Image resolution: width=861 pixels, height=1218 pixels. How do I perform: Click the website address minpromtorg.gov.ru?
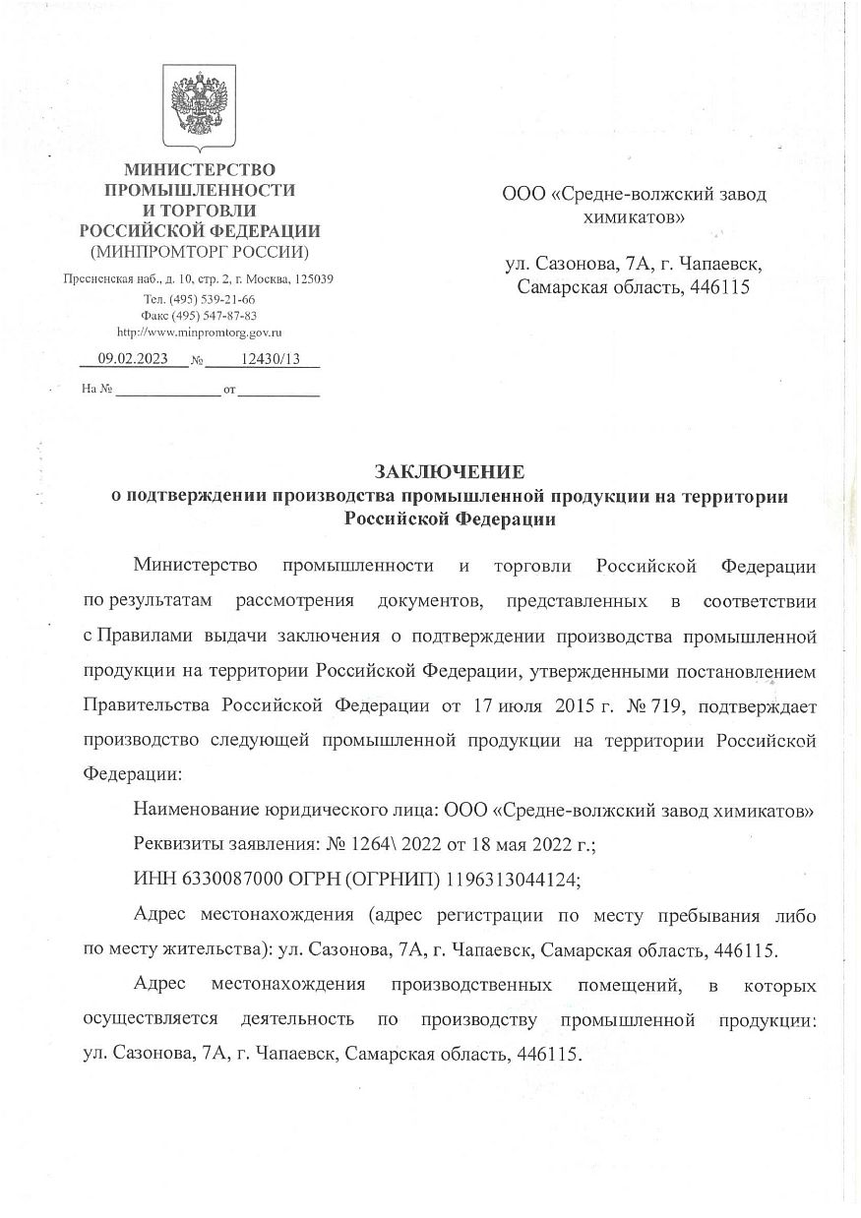[x=200, y=333]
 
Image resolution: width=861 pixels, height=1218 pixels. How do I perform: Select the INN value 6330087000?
[x=216, y=880]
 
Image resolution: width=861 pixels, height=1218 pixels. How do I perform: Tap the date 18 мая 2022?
[x=532, y=845]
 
